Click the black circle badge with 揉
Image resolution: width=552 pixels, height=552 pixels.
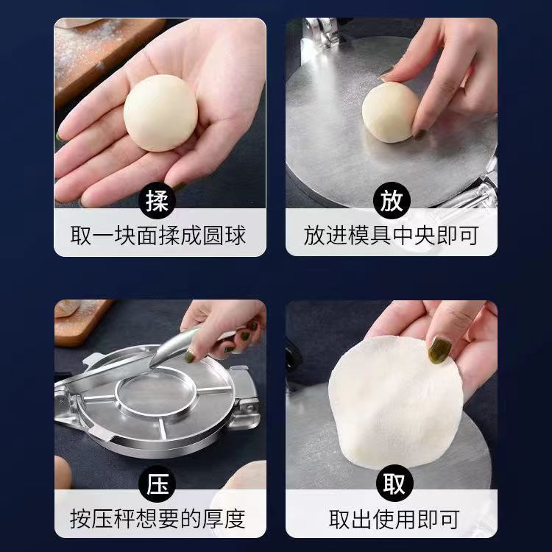[157, 200]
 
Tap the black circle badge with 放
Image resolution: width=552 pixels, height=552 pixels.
[391, 200]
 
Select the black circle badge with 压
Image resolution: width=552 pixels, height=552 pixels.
[157, 484]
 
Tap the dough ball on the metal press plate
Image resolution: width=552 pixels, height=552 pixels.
[389, 112]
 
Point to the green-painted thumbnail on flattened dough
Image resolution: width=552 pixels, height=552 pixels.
[440, 349]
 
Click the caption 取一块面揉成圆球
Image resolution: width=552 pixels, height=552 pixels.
[158, 236]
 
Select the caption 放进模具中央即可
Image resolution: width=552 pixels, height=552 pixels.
[392, 236]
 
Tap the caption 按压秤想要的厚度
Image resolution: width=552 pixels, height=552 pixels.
[158, 519]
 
